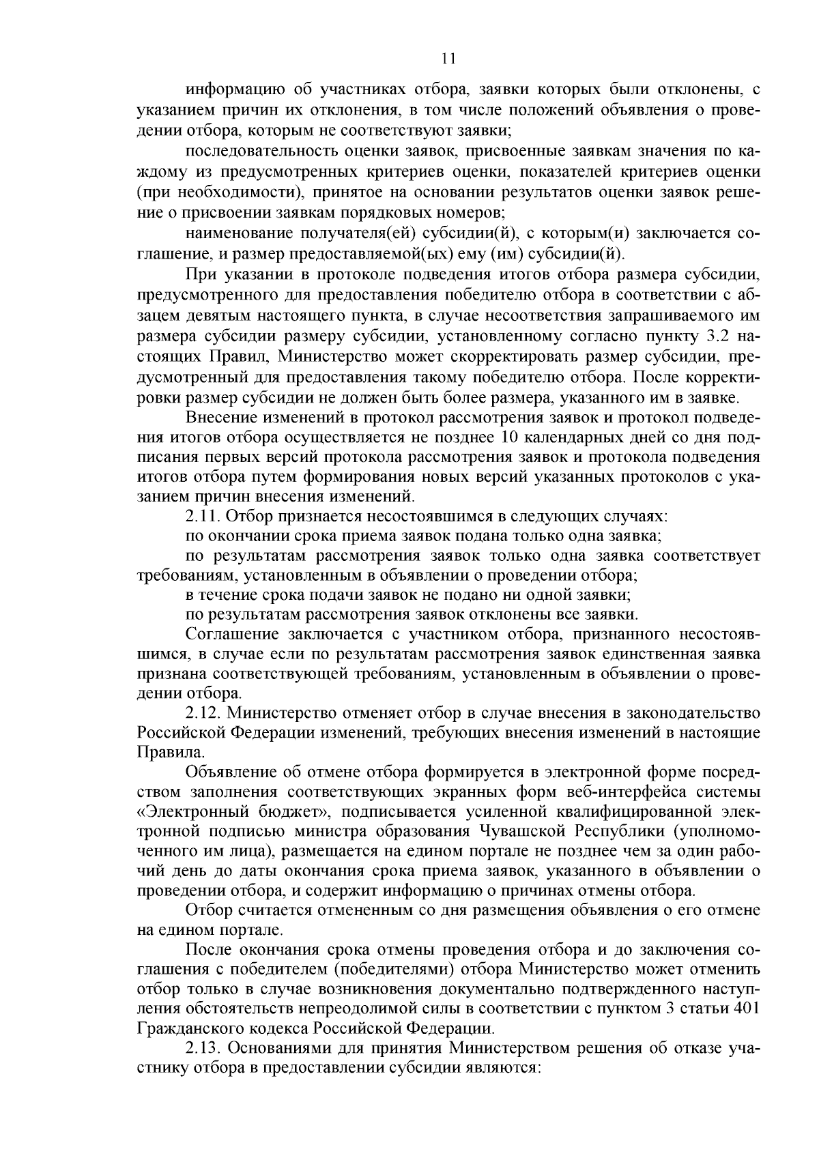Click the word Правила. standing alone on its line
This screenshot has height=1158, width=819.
click(x=161, y=753)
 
